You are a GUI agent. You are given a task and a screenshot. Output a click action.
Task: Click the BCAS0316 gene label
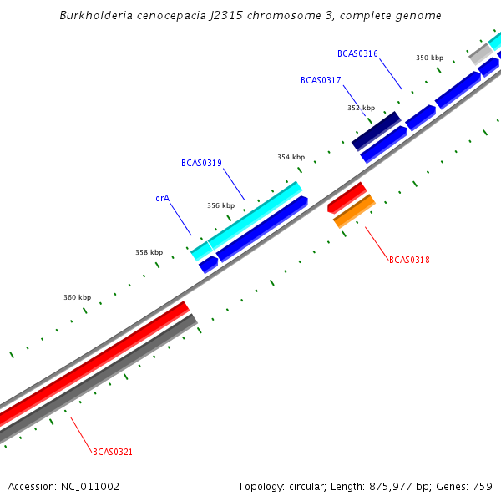[357, 53]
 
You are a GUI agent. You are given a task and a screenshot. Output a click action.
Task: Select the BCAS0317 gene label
[321, 80]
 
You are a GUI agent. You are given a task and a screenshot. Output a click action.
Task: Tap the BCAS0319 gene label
[201, 163]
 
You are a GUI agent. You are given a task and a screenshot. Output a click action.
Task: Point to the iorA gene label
[161, 199]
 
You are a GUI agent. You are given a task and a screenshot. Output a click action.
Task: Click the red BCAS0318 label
[409, 260]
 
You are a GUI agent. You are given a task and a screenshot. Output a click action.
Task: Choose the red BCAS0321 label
[113, 452]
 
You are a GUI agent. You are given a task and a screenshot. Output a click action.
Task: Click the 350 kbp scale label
[429, 58]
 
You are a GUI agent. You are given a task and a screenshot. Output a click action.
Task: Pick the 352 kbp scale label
[361, 108]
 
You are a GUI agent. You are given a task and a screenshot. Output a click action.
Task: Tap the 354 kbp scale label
[291, 157]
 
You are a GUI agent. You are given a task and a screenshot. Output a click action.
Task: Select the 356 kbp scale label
[220, 205]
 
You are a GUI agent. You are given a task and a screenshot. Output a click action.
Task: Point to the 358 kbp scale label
[149, 252]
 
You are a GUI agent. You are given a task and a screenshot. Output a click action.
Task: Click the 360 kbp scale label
[77, 297]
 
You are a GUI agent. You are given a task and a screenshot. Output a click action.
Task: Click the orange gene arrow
[354, 211]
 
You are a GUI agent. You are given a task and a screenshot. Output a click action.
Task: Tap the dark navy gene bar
[376, 131]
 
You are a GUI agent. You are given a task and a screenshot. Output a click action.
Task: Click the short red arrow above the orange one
[347, 197]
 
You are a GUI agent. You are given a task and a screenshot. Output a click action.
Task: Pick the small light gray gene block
[480, 54]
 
